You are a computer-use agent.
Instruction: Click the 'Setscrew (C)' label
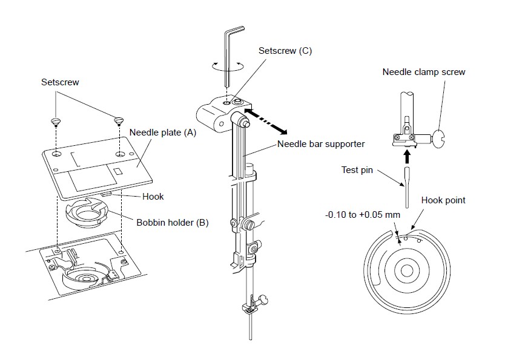click(285, 51)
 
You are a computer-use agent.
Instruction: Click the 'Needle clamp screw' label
click(424, 72)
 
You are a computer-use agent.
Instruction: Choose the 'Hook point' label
click(444, 200)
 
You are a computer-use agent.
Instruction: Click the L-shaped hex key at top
click(228, 54)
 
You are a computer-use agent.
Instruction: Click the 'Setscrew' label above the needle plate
click(56, 82)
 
